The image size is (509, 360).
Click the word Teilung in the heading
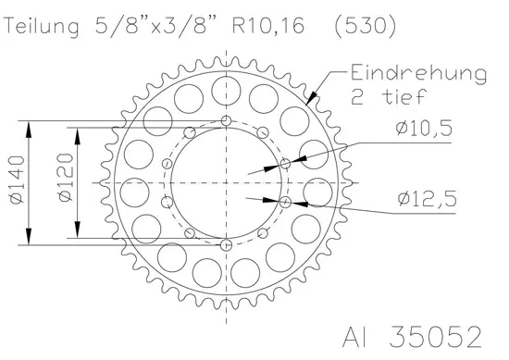(42, 26)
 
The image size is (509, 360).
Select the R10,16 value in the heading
(268, 25)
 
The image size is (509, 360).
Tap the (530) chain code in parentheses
(366, 26)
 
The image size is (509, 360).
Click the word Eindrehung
(418, 74)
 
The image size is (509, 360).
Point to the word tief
(403, 96)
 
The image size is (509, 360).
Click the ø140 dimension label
(18, 180)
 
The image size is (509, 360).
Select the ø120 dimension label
(66, 178)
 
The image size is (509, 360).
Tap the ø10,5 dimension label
(424, 128)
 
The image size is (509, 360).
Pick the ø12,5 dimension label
(427, 199)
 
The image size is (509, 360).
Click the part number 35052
(435, 337)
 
